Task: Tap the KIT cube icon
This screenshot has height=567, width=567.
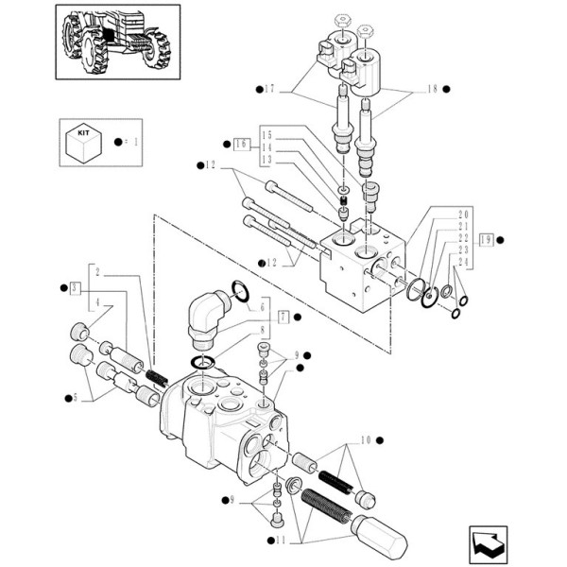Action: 83,142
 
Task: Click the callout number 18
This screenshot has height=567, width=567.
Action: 432,89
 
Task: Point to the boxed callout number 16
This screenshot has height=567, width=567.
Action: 241,145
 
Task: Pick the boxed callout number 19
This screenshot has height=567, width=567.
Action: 485,239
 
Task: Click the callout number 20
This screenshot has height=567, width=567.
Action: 463,215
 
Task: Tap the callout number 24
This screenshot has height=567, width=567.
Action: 463,262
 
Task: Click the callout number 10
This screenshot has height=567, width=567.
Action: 365,439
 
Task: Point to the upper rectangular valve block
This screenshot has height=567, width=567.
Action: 364,260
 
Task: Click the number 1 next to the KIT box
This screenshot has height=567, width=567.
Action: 135,142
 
